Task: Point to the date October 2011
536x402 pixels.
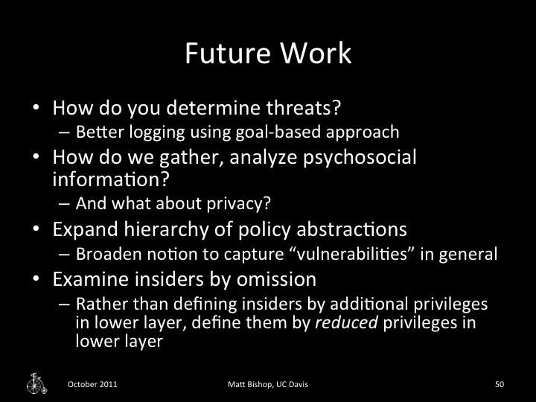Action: pos(92,384)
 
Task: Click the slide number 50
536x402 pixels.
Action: pos(500,384)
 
